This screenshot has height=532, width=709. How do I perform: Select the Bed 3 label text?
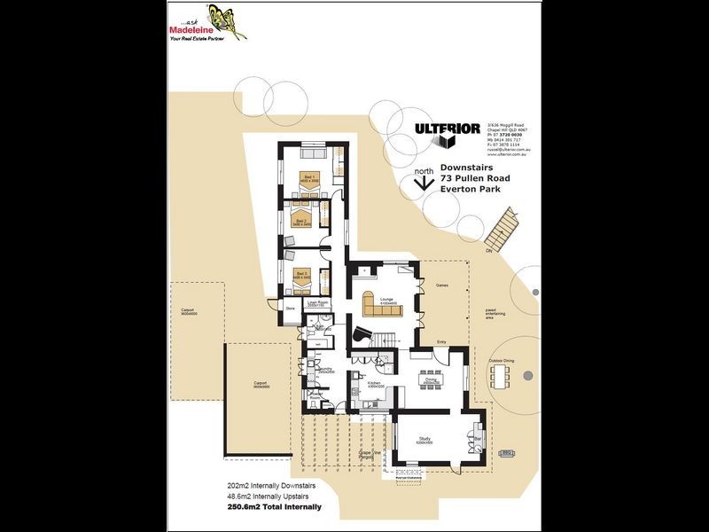(x=302, y=275)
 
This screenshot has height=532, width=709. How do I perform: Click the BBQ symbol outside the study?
(x=507, y=453)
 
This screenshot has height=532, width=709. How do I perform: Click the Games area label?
(x=441, y=286)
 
